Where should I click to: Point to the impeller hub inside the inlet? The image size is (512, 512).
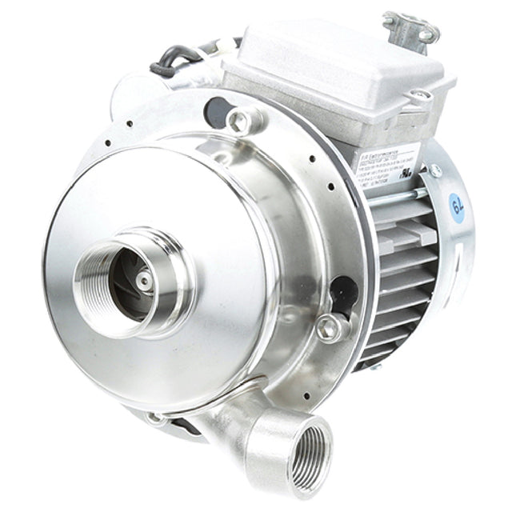pos(142,280)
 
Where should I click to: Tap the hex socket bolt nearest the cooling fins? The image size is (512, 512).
pos(328,326)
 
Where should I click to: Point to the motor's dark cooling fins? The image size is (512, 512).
pos(400,272)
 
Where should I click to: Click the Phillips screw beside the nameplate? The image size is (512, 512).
pos(434,170)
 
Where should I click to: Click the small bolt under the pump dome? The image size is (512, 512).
pos(157,417)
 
